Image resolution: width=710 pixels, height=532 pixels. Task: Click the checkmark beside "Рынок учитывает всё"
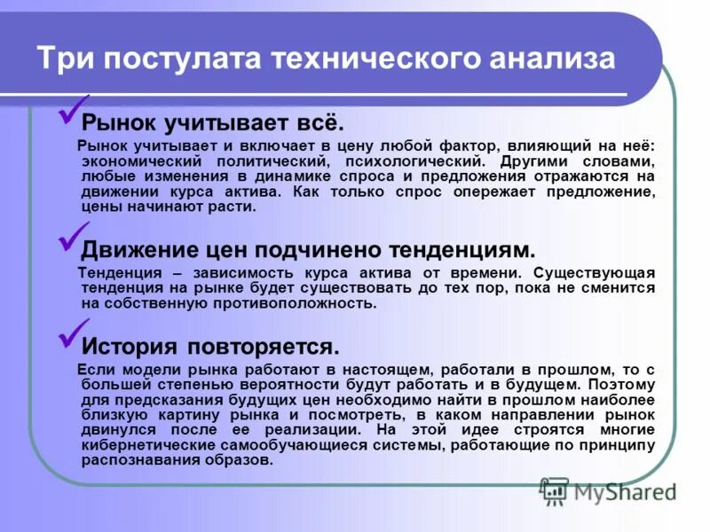click(71, 111)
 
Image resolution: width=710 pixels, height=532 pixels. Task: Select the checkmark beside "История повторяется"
click(71, 334)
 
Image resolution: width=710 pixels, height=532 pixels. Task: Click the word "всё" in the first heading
click(320, 121)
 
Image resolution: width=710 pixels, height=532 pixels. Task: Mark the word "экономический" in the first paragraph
click(137, 162)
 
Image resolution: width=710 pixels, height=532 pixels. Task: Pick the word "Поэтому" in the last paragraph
click(621, 385)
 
